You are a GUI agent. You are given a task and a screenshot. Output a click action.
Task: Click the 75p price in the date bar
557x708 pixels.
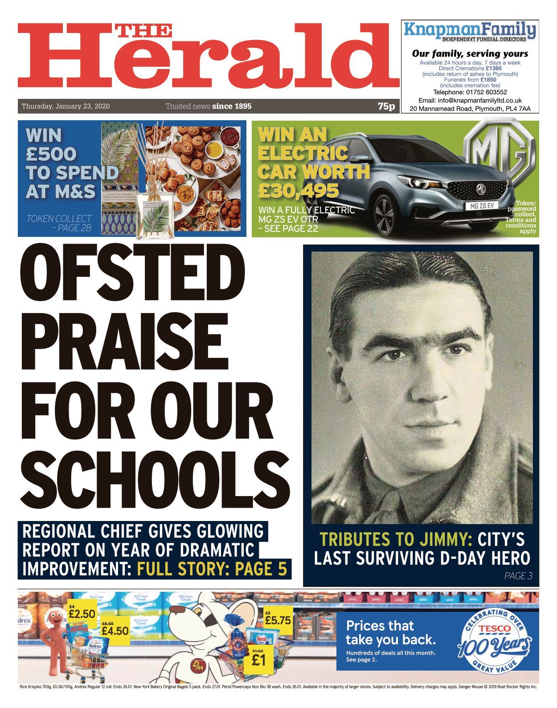[x=386, y=106]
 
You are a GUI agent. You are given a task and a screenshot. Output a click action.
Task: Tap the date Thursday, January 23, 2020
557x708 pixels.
[x=66, y=106]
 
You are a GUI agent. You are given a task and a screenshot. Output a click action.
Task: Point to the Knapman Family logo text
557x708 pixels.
[x=470, y=30]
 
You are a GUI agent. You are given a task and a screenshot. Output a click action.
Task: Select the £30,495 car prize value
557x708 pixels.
[x=299, y=191]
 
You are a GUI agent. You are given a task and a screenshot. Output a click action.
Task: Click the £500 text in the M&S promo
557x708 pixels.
[x=51, y=154]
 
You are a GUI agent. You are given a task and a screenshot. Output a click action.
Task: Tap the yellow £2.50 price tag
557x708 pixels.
[x=82, y=614]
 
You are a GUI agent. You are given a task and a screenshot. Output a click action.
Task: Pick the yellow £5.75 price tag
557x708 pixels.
[x=277, y=619]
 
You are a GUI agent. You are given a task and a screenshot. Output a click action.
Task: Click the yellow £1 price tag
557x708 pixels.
[x=258, y=659]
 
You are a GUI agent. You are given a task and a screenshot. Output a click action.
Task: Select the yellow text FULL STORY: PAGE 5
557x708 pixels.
[x=212, y=569]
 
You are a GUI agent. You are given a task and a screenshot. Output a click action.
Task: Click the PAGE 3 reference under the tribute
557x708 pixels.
[x=518, y=576]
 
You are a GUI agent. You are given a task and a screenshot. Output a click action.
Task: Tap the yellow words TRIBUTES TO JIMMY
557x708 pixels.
[x=396, y=539]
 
